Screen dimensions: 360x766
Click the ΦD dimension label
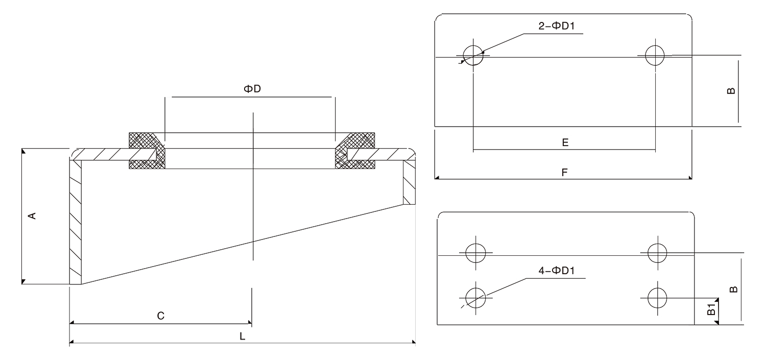point(252,89)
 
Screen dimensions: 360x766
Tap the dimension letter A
point(32,215)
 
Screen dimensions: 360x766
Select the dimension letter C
point(160,316)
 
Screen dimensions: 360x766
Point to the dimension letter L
point(243,337)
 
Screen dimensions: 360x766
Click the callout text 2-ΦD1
point(557,27)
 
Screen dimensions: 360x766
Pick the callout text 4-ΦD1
point(557,271)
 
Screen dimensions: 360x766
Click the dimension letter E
point(565,142)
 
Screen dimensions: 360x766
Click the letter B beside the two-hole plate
point(731,90)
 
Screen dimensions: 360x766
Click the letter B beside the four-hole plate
point(733,289)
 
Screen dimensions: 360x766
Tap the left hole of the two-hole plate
point(473,55)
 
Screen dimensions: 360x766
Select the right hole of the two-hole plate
point(655,55)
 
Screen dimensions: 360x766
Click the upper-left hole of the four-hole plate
point(476,252)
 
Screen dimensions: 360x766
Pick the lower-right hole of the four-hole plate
point(657,297)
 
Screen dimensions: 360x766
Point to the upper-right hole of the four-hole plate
point(657,251)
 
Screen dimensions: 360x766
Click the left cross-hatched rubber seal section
point(148,151)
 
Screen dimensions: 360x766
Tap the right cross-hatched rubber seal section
point(355,151)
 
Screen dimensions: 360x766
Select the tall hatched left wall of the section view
point(75,222)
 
